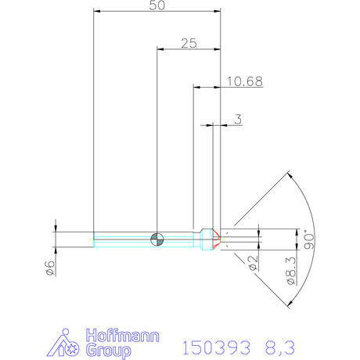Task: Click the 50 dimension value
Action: pos(157,5)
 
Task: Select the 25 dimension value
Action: pos(189,43)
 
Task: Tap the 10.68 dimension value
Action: pos(245,81)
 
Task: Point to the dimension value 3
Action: pos(238,119)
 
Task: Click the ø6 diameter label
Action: pos(50,268)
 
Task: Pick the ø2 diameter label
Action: pos(253,263)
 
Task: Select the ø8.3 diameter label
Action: pos(292,271)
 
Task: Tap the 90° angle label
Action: pos(310,240)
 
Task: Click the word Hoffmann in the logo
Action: pos(123,336)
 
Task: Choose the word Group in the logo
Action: pos(109,351)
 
